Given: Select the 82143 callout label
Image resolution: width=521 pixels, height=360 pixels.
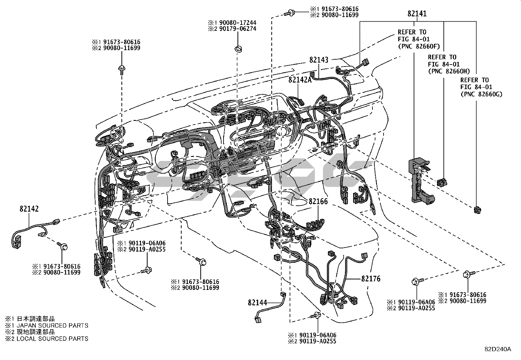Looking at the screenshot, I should [x=318, y=60].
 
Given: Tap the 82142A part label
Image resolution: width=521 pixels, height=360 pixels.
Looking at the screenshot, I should [x=300, y=80].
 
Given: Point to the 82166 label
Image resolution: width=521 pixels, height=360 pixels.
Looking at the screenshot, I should [x=318, y=201].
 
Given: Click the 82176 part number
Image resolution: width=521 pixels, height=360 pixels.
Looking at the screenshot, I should [x=371, y=279].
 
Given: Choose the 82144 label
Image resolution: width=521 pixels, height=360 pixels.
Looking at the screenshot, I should [x=258, y=303].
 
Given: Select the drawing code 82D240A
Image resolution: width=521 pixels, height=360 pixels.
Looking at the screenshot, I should [x=497, y=349].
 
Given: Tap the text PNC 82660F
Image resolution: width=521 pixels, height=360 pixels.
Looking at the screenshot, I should [x=419, y=47].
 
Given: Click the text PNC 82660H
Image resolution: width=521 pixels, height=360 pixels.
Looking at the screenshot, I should [x=449, y=71].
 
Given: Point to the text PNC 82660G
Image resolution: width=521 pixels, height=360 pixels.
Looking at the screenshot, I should [x=481, y=94].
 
